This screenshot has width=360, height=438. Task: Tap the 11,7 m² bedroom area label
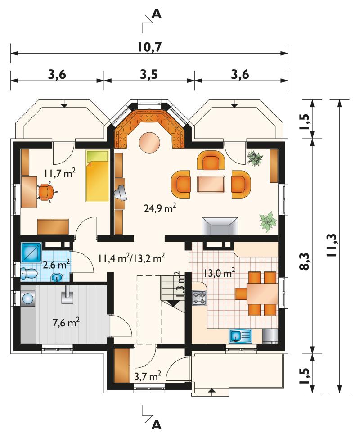click(x=59, y=173)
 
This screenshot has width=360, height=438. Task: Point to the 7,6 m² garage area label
click(x=66, y=323)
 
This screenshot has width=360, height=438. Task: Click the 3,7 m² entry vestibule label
click(x=148, y=376)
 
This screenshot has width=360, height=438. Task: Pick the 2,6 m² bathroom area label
click(x=56, y=264)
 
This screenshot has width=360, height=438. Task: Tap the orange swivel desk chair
click(x=46, y=191)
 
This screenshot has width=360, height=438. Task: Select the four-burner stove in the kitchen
click(x=199, y=297)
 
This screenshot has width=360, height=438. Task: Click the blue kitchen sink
click(x=240, y=336)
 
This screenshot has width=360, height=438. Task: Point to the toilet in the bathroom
click(x=29, y=273)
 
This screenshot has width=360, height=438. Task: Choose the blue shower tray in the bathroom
click(x=31, y=253)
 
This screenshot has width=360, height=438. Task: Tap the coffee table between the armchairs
click(x=211, y=184)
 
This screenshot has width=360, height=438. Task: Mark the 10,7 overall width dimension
click(x=150, y=47)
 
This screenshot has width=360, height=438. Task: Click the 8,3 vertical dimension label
click(x=305, y=262)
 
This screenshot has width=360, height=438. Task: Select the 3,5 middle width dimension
click(x=149, y=75)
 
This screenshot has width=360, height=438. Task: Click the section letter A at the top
click(x=157, y=14)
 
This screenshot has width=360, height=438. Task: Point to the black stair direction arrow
click(x=173, y=303)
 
